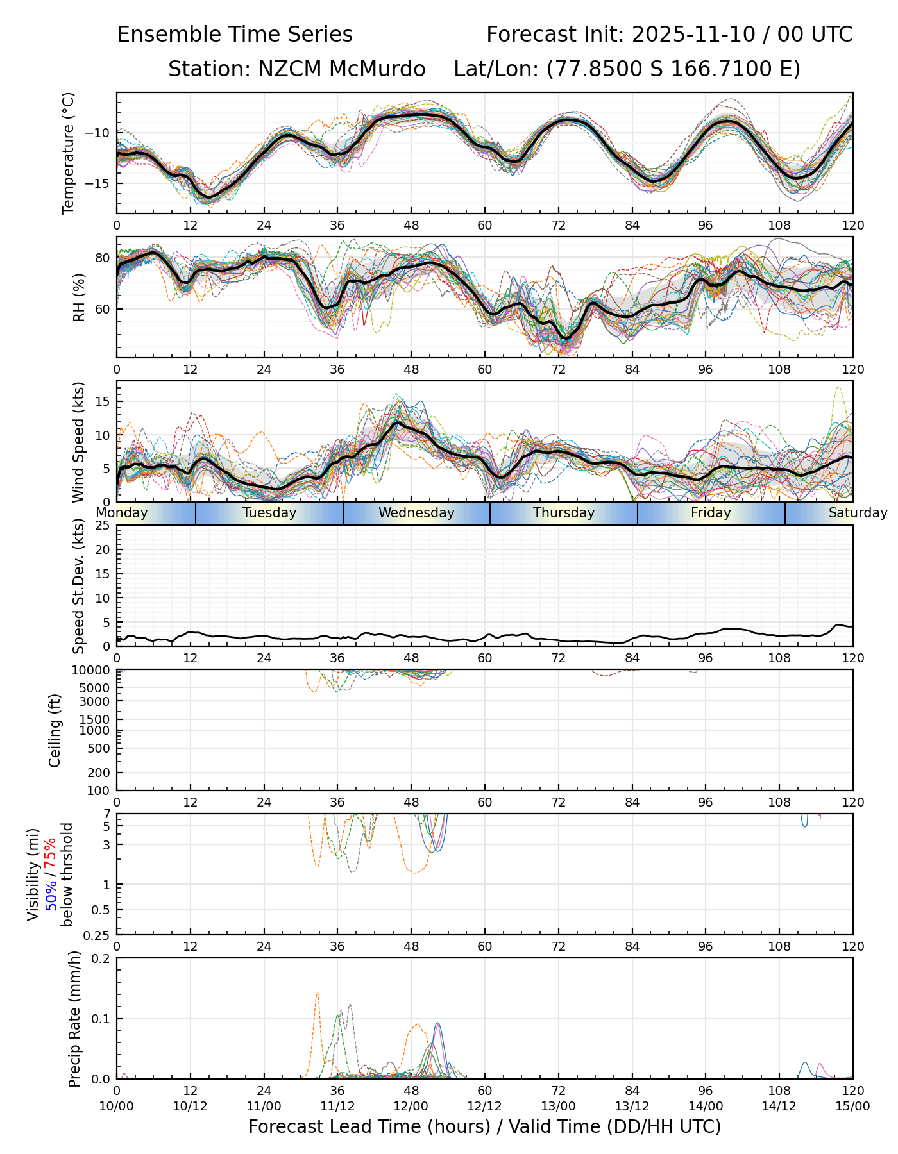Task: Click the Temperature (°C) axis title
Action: (x=69, y=153)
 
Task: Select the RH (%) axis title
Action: (x=79, y=297)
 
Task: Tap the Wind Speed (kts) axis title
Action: (x=78, y=442)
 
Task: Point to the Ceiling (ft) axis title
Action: (x=55, y=730)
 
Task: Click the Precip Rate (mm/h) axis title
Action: (x=74, y=1019)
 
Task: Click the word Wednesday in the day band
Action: (x=416, y=513)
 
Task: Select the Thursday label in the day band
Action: (x=564, y=513)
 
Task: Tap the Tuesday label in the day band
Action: (x=269, y=513)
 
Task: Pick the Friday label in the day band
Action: (x=711, y=513)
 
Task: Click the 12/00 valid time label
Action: (x=411, y=1107)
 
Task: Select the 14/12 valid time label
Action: (x=779, y=1107)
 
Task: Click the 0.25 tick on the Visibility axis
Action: (x=98, y=935)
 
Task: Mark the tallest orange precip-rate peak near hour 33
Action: (x=318, y=993)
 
